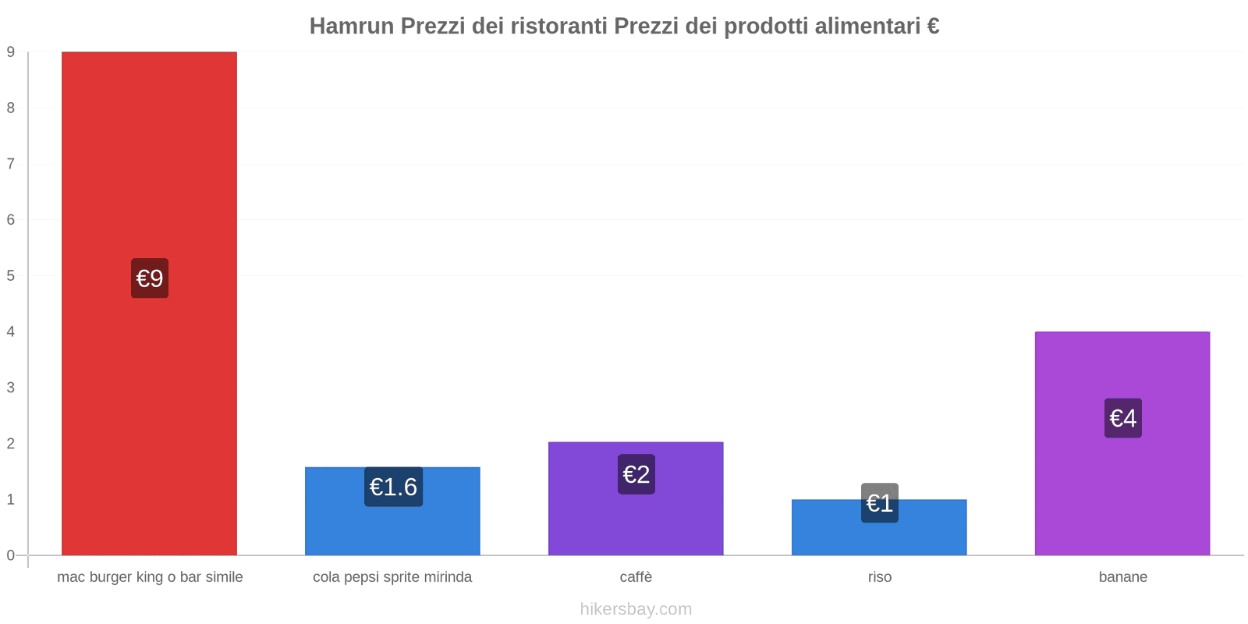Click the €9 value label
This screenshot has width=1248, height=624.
tap(150, 278)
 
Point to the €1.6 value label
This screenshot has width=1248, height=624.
tap(393, 487)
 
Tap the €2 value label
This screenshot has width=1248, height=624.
tap(636, 474)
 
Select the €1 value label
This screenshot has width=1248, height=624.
tap(880, 503)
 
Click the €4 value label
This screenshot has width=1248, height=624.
tap(1123, 418)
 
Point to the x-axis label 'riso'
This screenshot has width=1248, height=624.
tap(880, 577)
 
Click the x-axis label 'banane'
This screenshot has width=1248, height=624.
tap(1123, 577)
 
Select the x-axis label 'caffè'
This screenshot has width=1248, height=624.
tap(636, 577)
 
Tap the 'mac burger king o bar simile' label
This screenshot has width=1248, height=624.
tap(150, 577)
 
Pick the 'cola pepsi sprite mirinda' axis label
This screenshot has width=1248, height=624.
tap(392, 577)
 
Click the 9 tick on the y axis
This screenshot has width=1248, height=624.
tap(11, 52)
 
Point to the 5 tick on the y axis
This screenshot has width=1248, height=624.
tap(11, 276)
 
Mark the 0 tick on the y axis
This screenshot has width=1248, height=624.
tap(11, 555)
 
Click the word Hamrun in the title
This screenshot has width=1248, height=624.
tap(352, 27)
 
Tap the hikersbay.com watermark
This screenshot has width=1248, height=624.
tap(636, 609)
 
